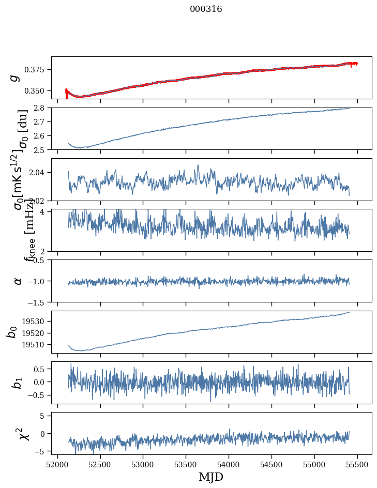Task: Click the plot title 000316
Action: coord(206,9)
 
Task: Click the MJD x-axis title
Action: coord(211,477)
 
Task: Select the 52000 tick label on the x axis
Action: coord(57,464)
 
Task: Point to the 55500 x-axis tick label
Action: coord(358,464)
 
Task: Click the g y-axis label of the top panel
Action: coord(16,78)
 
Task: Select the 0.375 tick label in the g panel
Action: coord(36,70)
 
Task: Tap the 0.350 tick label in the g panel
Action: coord(36,91)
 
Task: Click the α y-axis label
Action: coord(18,281)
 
